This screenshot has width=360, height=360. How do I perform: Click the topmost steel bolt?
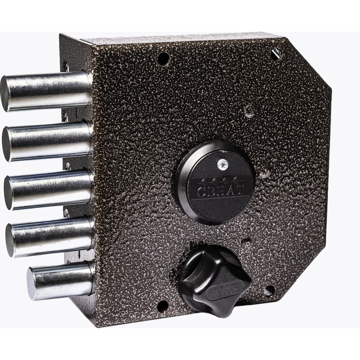click(46, 91)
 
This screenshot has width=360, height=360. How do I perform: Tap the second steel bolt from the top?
click(47, 141)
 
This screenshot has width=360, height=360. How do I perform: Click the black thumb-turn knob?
click(215, 281)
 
